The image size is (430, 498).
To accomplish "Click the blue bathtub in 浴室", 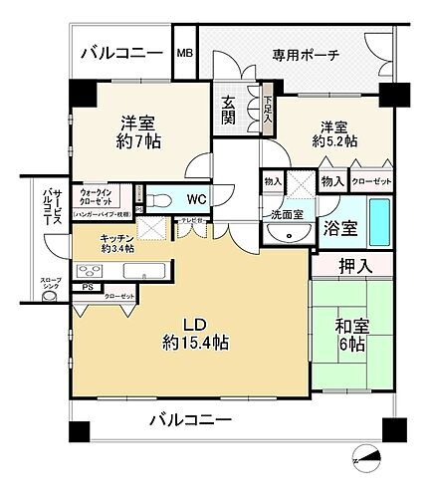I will pyautogui.click(x=380, y=224).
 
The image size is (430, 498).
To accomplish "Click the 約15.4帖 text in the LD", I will pyautogui.click(x=195, y=342).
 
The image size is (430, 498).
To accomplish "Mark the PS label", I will pyautogui.click(x=89, y=287).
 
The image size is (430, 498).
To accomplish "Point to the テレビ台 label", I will pyautogui.click(x=191, y=221).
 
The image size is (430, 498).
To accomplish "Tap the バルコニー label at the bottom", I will pyautogui.click(x=190, y=420).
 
